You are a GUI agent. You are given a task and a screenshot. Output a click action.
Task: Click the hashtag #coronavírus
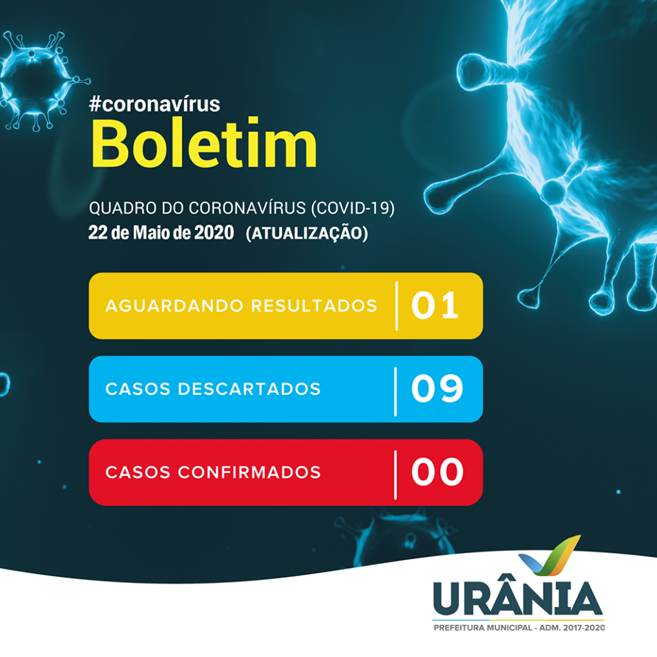[x=154, y=104]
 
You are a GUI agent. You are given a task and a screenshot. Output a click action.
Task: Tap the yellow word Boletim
[x=204, y=143]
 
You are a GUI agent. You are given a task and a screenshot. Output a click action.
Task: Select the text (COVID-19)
[x=353, y=208]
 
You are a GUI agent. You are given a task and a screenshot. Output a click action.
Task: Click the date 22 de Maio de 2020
[x=161, y=233]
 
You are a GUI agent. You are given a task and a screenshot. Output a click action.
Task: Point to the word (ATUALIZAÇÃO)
[x=307, y=233]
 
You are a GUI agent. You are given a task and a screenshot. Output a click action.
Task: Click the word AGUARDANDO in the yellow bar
[x=175, y=305]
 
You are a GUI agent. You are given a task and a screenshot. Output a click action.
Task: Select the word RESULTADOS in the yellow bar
[x=314, y=305]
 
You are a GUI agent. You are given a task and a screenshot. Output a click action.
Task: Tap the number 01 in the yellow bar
[x=435, y=305]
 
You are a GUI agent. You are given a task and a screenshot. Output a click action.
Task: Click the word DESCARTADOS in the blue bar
[x=249, y=389]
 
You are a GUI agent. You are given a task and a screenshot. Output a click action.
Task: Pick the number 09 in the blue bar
[x=437, y=389]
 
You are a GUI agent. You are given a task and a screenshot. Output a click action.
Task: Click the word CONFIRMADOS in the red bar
[x=249, y=472]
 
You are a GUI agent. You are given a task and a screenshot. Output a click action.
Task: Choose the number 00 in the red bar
[x=437, y=472]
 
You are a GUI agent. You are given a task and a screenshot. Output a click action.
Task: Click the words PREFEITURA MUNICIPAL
[x=482, y=628]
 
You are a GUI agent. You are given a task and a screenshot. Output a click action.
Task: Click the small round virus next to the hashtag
[x=38, y=79]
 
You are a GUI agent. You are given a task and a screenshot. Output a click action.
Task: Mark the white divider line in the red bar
[x=396, y=475]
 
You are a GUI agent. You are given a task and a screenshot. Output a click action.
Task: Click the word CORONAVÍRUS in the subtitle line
[x=247, y=208]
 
